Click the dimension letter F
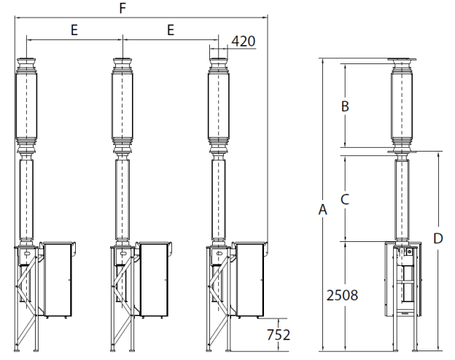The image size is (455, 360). [x=122, y=9]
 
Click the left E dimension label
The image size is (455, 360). [x=74, y=30]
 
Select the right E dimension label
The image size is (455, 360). [x=171, y=30]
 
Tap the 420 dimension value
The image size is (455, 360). [x=244, y=42]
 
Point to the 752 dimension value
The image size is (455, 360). [x=279, y=334]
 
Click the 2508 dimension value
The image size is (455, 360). [x=343, y=295]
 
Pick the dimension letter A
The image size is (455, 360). [x=323, y=209]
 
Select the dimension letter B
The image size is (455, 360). [x=345, y=106]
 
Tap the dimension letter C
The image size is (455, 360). [x=345, y=199]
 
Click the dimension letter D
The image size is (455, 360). [x=438, y=238]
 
